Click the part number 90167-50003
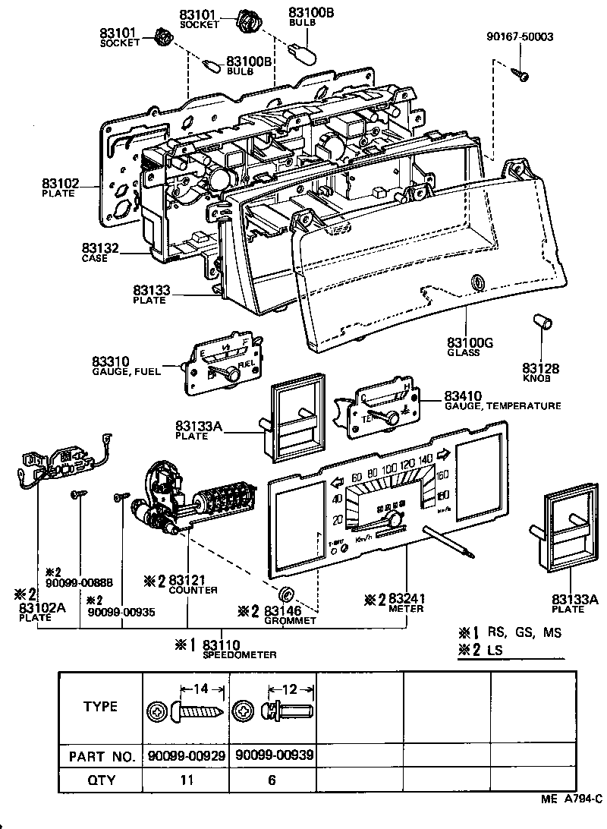(x=520, y=36)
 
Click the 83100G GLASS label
(x=470, y=348)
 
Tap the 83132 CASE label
(x=99, y=252)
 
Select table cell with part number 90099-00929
(x=186, y=756)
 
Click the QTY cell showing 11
(x=186, y=780)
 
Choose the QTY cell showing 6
(x=272, y=780)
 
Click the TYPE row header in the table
(x=100, y=707)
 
